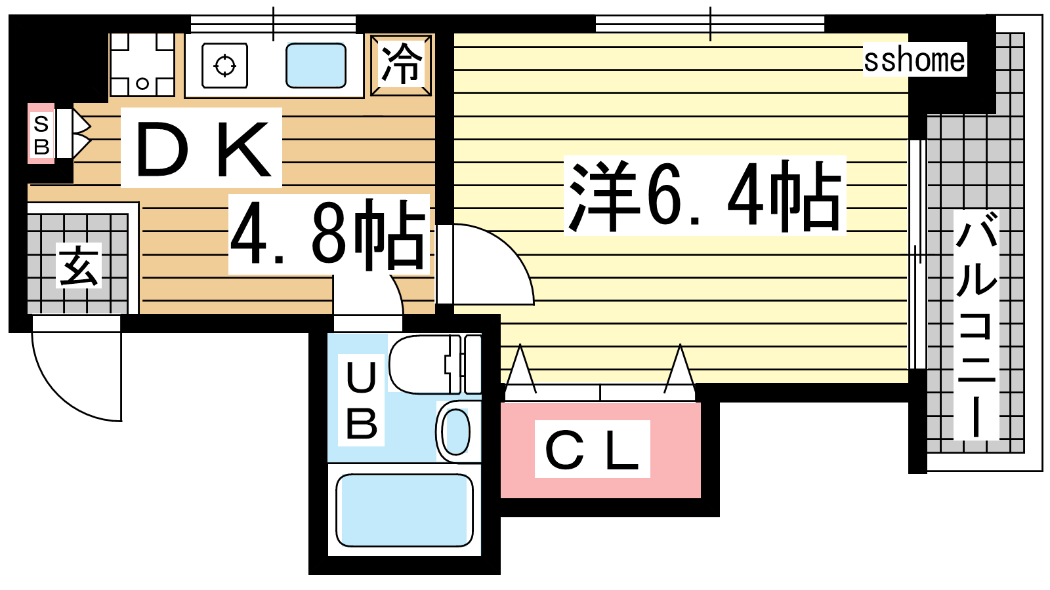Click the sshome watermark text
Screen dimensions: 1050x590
(915, 60)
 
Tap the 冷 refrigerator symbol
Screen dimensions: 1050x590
(401, 65)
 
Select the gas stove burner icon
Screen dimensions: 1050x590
(224, 66)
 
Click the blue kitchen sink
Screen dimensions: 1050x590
(316, 65)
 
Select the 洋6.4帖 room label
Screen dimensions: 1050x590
(705, 196)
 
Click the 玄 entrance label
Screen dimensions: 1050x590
(79, 265)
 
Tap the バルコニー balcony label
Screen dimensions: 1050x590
(976, 324)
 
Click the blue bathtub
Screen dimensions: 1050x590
(404, 510)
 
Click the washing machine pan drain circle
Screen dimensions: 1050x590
(142, 84)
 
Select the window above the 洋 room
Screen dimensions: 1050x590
(709, 24)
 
